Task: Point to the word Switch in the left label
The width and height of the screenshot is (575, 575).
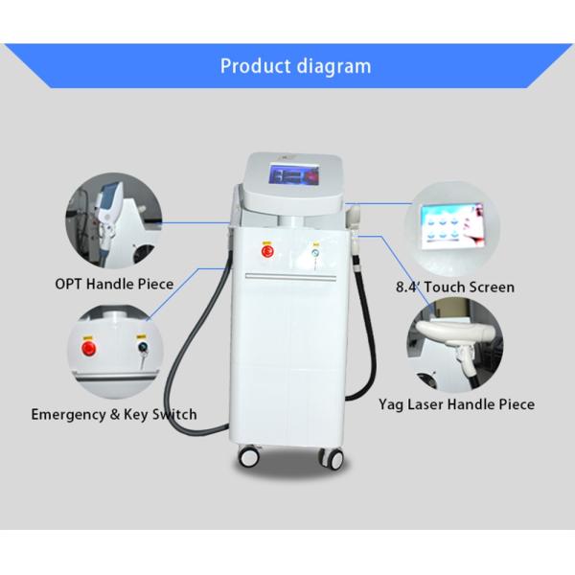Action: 172,415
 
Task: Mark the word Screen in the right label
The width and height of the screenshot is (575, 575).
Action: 491,287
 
